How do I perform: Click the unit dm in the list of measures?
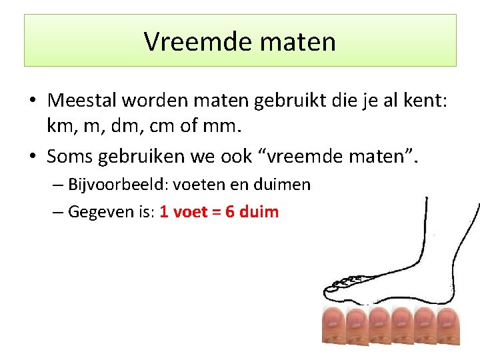tap(123, 125)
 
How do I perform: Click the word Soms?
tap(71, 156)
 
